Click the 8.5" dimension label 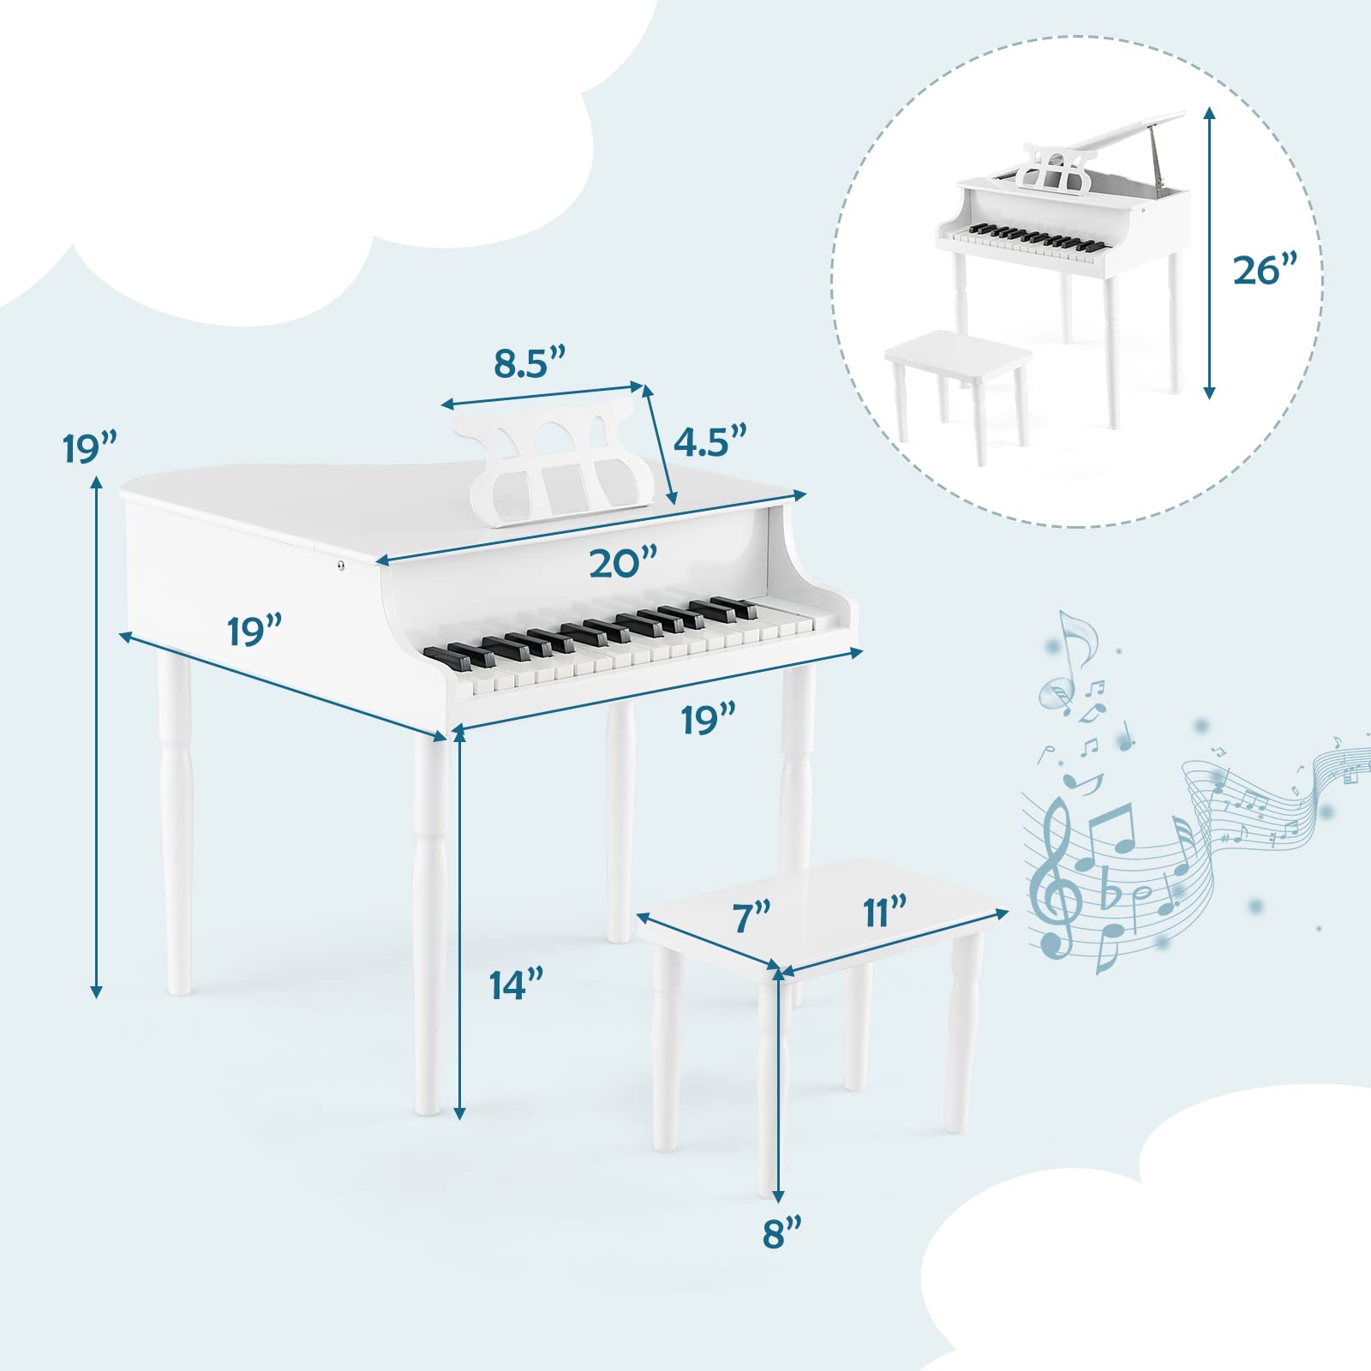click(530, 363)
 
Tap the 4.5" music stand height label click(710, 440)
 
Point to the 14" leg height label click(517, 985)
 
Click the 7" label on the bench click(752, 917)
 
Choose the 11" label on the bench click(885, 911)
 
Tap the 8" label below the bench click(782, 1235)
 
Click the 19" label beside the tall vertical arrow click(89, 448)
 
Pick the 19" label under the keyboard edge click(709, 720)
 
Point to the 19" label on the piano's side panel click(254, 632)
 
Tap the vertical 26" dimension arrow click(1209, 253)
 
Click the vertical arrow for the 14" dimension click(459, 922)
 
